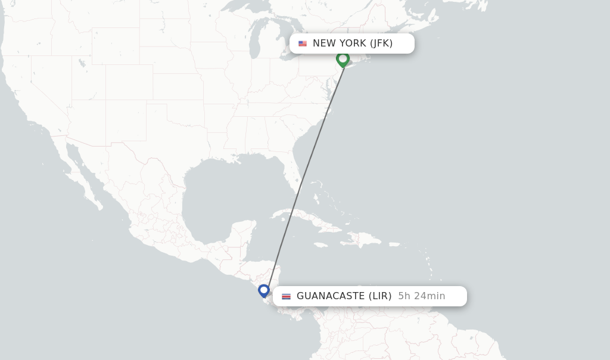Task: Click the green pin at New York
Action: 343,58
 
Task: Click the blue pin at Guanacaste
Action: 264,290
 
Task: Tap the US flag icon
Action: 303,44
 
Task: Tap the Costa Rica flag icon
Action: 287,296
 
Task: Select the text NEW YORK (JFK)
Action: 353,44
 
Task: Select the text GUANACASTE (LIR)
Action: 344,296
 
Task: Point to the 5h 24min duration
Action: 422,296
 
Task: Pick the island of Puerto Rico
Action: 394,244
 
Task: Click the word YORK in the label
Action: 353,44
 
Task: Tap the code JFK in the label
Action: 381,44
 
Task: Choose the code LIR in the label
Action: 380,296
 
